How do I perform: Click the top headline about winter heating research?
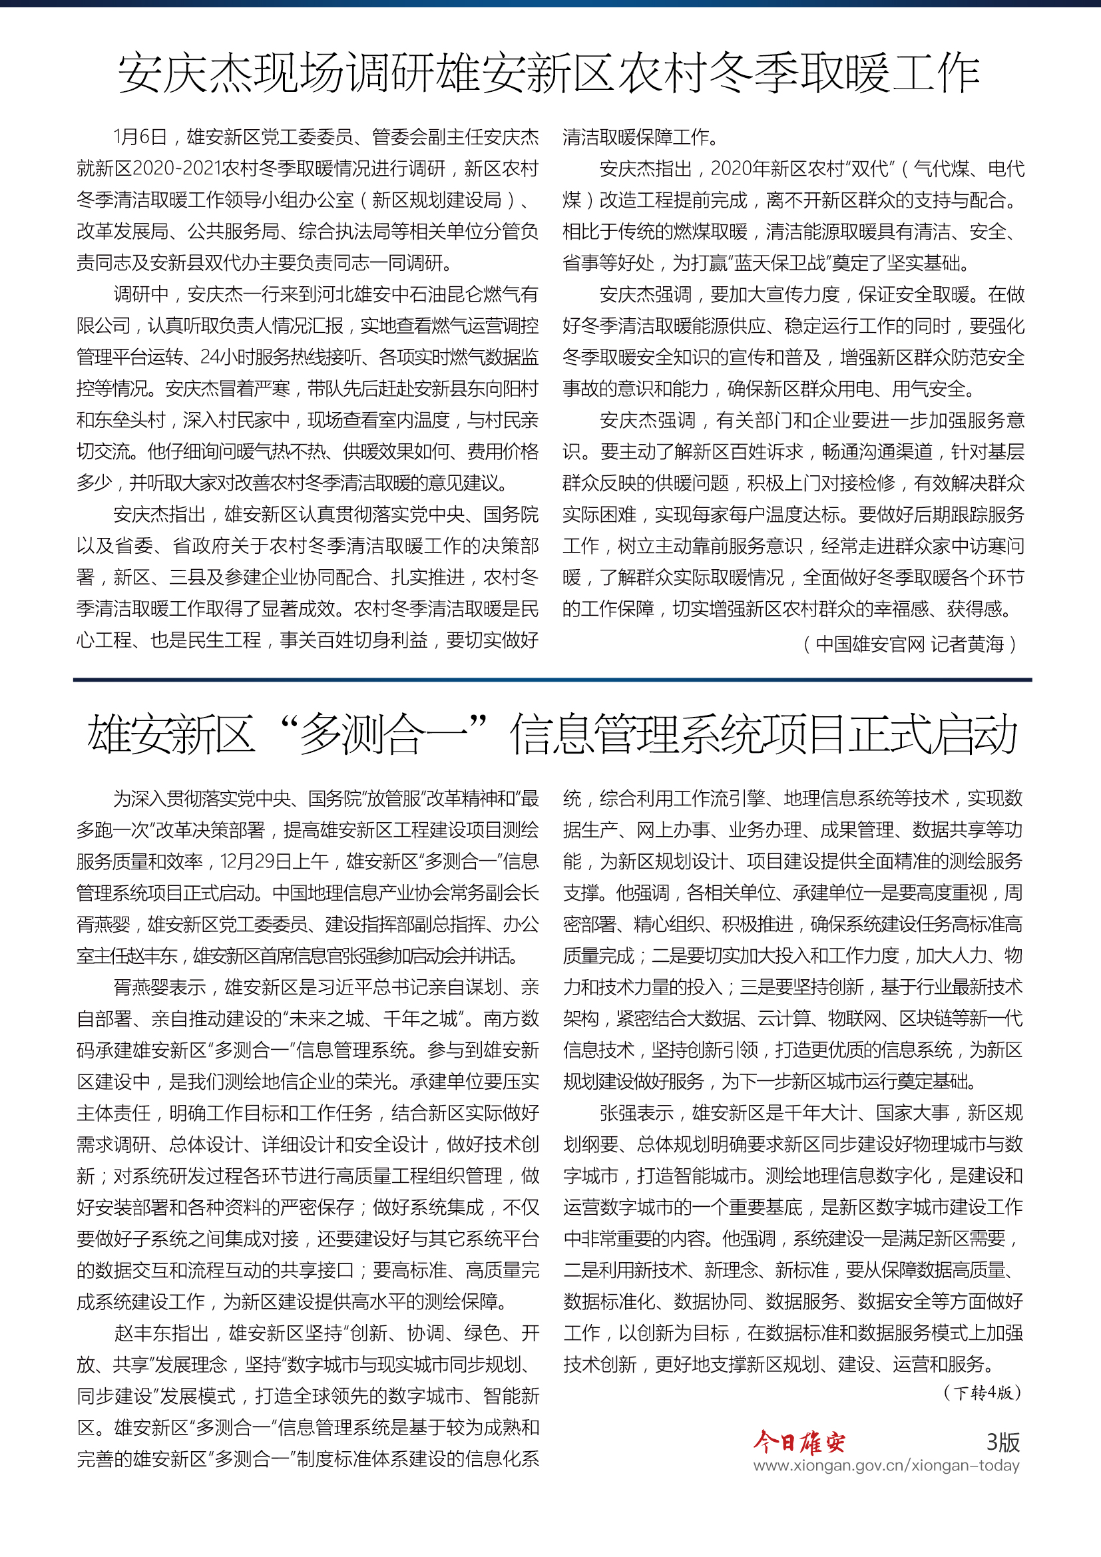pyautogui.click(x=550, y=73)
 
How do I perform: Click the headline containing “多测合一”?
pyautogui.click(x=552, y=734)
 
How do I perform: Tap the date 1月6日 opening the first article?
pyautogui.click(x=140, y=138)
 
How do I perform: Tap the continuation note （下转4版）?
pyautogui.click(x=981, y=1393)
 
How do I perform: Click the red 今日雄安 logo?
pyautogui.click(x=799, y=1443)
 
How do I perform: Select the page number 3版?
pyautogui.click(x=1002, y=1443)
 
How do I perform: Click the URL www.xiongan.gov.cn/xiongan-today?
pyautogui.click(x=886, y=1466)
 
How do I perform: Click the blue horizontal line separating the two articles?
pyautogui.click(x=552, y=680)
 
